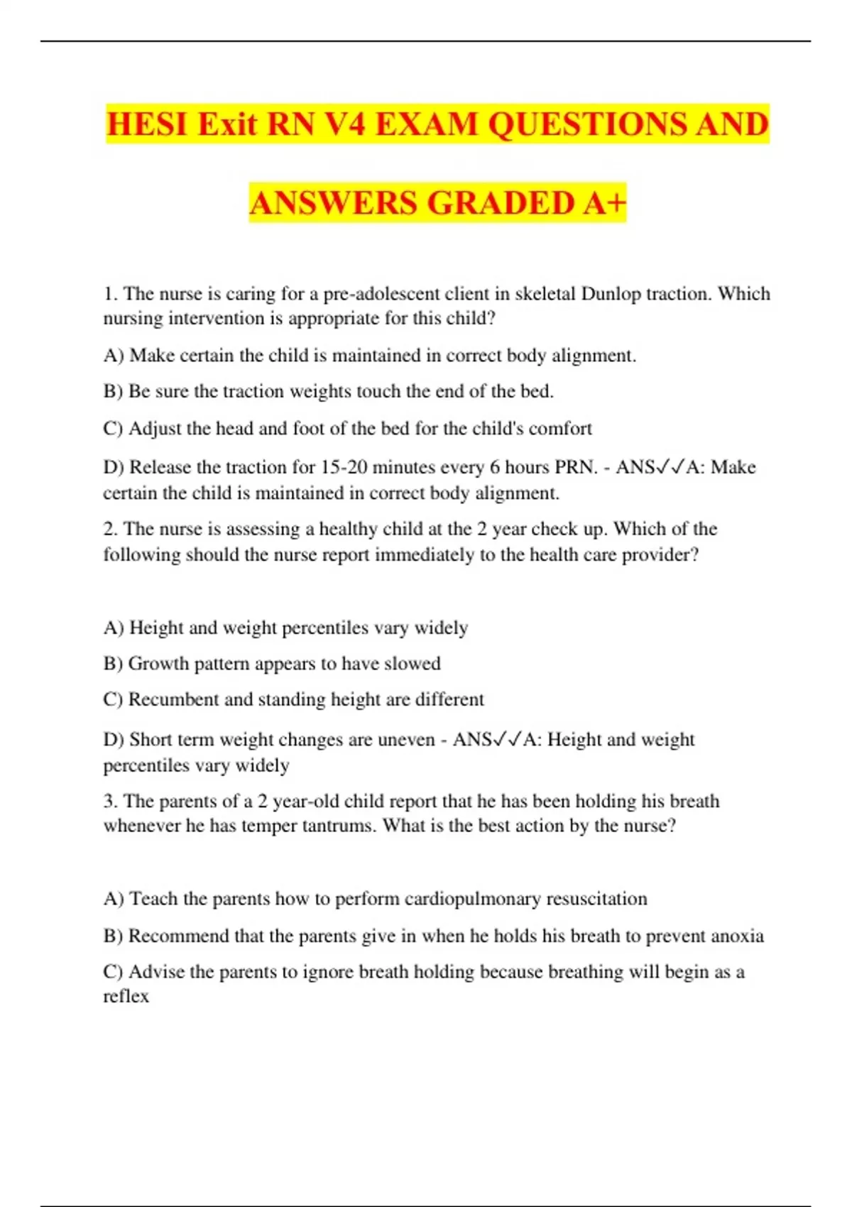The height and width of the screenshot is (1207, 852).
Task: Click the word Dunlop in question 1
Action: pos(611,294)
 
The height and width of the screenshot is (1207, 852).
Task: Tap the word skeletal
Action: pos(545,294)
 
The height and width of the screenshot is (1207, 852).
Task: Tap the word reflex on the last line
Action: pos(126,996)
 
